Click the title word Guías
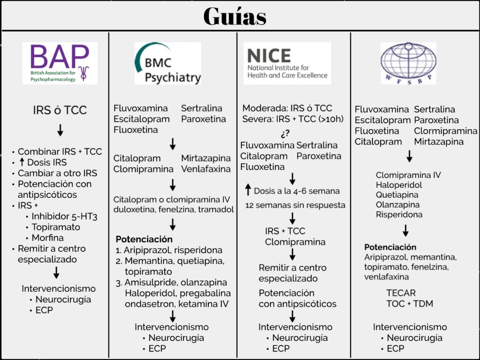[235, 17]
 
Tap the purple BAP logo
[60, 63]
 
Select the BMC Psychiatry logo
[168, 63]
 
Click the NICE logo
[287, 63]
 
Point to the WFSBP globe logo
[408, 63]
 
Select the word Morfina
[48, 238]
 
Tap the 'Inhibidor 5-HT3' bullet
[64, 216]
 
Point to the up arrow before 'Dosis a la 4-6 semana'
[248, 191]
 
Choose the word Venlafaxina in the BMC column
[206, 169]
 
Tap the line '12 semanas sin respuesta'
[295, 205]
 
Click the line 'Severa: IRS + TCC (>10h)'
[293, 119]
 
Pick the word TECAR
[401, 293]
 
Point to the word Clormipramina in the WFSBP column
[446, 131]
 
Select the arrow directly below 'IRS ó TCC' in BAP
[60, 130]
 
